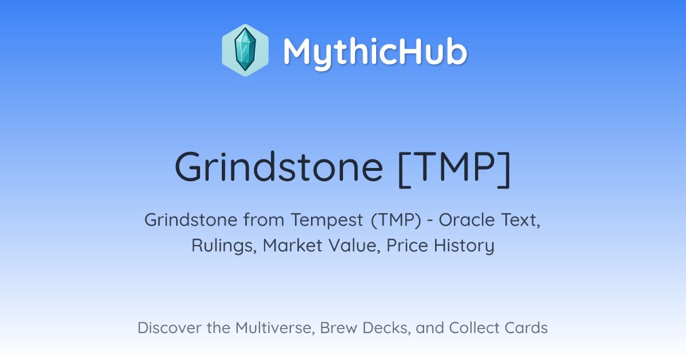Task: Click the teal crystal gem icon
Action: tap(245, 50)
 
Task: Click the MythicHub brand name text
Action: tap(376, 53)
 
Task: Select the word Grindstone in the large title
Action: tap(279, 167)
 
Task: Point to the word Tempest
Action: tap(327, 221)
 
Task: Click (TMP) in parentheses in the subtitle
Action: tap(396, 220)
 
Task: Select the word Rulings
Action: tap(224, 246)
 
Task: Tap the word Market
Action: tap(293, 246)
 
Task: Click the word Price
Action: tap(407, 246)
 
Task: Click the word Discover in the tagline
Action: tap(170, 327)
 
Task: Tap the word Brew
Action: tap(338, 327)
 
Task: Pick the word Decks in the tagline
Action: tap(387, 327)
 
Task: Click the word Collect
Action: tap(474, 327)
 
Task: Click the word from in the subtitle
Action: tap(264, 220)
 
